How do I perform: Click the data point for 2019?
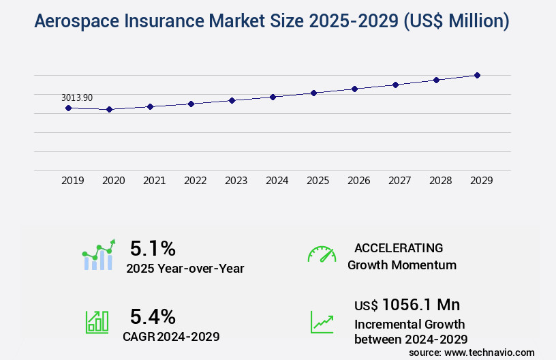[68, 108]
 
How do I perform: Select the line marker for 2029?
[477, 75]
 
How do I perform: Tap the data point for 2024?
[273, 97]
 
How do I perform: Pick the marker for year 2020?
[109, 109]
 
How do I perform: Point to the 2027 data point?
[395, 85]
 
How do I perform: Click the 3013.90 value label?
[77, 97]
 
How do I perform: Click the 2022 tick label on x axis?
[195, 181]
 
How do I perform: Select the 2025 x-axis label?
[318, 181]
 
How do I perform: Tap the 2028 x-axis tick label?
[440, 181]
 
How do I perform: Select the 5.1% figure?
[153, 247]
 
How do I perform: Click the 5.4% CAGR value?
[153, 316]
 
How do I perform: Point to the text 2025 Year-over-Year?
[185, 269]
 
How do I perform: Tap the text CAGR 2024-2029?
[171, 336]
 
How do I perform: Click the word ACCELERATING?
[399, 247]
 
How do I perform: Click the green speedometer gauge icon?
[322, 254]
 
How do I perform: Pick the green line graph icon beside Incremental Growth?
[322, 322]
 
